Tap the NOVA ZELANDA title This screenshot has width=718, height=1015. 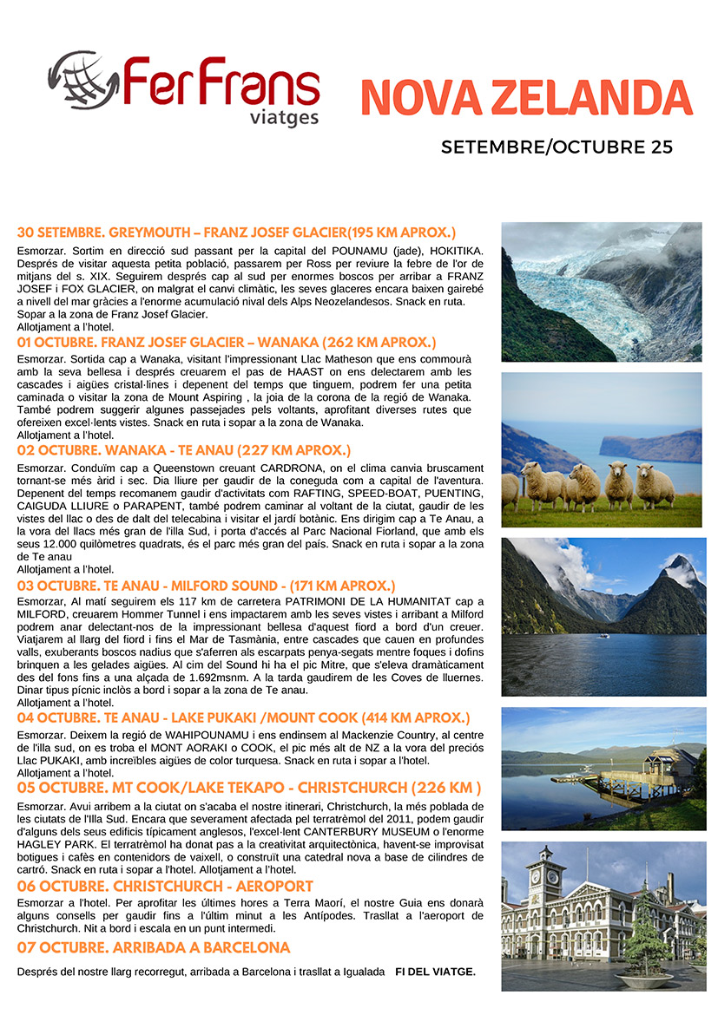(x=526, y=96)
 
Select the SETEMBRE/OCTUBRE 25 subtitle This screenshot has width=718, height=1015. (x=557, y=147)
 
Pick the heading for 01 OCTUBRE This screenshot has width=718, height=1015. (x=227, y=343)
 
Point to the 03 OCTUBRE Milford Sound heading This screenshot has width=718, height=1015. (x=206, y=586)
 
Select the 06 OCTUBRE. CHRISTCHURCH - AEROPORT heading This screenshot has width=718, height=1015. (x=165, y=886)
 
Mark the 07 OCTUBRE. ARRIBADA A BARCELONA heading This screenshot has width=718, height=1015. (x=154, y=947)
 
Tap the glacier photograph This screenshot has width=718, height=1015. (x=601, y=291)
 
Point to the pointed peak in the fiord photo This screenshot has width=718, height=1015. (x=682, y=573)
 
